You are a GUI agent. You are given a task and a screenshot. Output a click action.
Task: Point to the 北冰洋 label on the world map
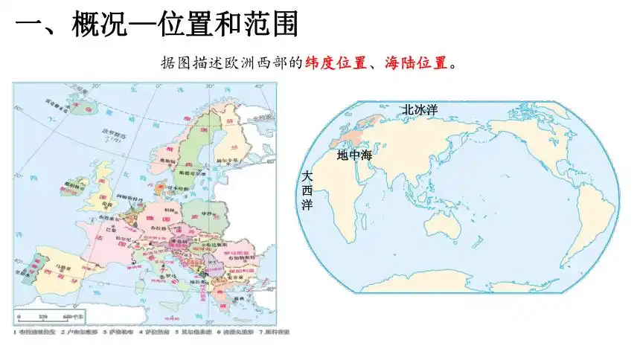[x=420, y=109]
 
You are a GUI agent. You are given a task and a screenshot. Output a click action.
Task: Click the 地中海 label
[x=353, y=155]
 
